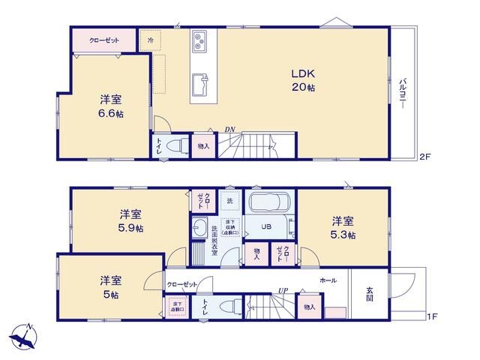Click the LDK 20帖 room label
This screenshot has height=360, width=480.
[303, 80]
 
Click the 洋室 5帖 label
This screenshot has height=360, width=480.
[110, 287]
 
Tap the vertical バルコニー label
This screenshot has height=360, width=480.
[403, 93]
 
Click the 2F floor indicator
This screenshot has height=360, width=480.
[424, 157]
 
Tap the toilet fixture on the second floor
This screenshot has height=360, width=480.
[178, 146]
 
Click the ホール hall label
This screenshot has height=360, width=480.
[328, 280]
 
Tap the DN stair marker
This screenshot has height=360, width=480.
[229, 130]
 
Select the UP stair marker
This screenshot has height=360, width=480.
[283, 290]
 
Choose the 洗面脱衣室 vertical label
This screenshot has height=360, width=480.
[214, 241]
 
